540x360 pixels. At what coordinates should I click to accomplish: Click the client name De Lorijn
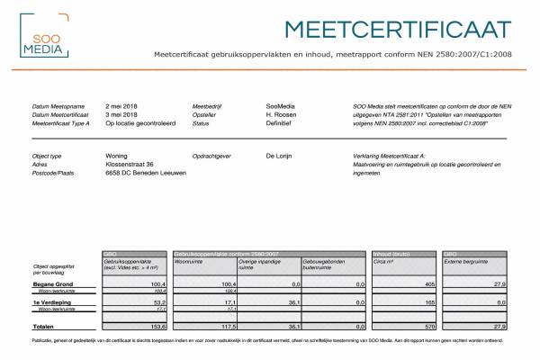click(x=283, y=156)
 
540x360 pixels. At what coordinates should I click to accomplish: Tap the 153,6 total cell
click(x=157, y=326)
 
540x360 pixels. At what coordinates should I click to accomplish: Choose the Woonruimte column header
click(x=191, y=262)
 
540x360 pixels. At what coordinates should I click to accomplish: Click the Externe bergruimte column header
click(x=468, y=262)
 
